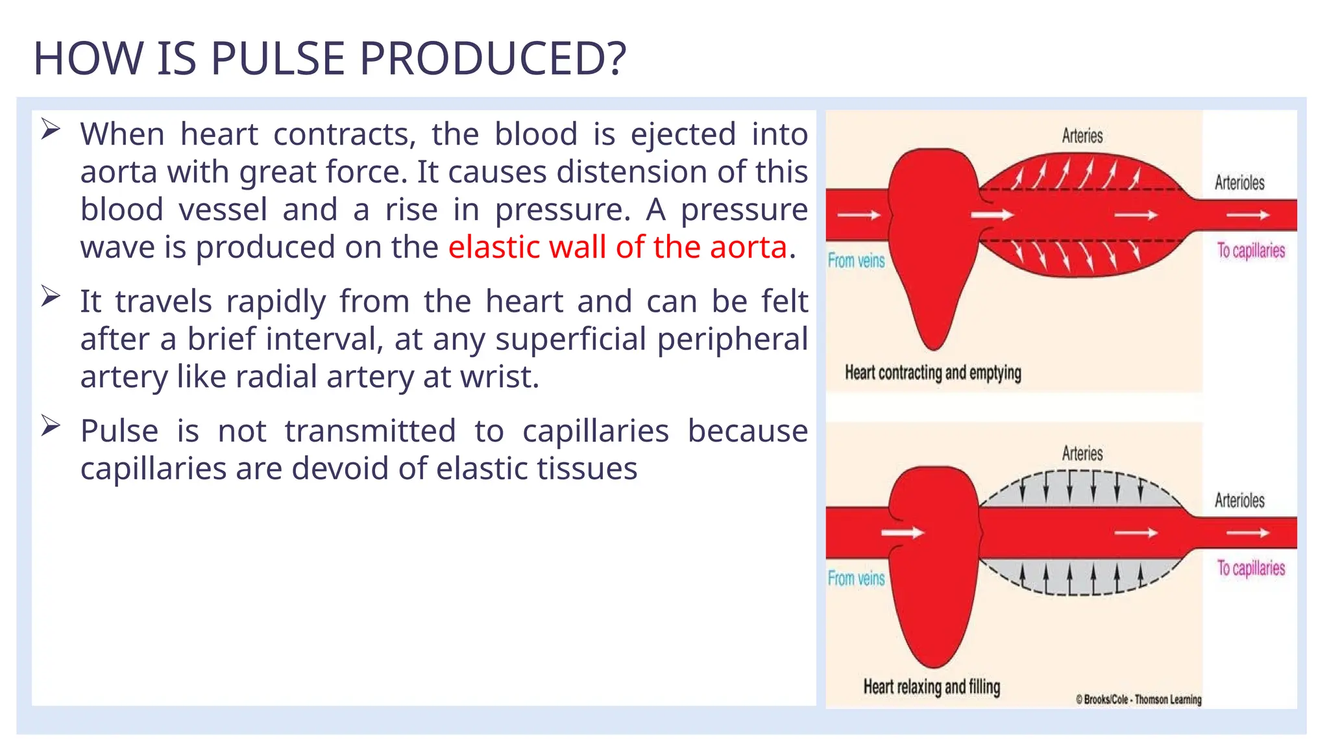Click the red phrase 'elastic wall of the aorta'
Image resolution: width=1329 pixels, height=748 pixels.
pyautogui.click(x=617, y=247)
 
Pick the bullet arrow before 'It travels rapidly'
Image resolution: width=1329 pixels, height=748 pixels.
pyautogui.click(x=51, y=296)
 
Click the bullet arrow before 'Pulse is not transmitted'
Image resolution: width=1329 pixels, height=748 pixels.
pyautogui.click(x=51, y=426)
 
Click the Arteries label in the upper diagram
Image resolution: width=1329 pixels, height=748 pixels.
pyautogui.click(x=1082, y=136)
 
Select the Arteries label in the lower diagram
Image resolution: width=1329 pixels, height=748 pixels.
pyautogui.click(x=1082, y=453)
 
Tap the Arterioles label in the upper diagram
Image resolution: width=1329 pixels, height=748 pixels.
pyautogui.click(x=1239, y=183)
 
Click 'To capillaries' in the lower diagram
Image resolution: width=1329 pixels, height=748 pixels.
pyautogui.click(x=1250, y=568)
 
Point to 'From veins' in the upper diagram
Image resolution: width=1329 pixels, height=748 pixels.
pyautogui.click(x=856, y=261)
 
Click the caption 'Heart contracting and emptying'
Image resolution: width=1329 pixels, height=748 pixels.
pyautogui.click(x=933, y=373)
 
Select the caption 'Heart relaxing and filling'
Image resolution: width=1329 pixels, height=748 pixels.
pyautogui.click(x=931, y=687)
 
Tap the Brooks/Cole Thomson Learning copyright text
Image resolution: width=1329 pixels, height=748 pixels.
pyautogui.click(x=1138, y=699)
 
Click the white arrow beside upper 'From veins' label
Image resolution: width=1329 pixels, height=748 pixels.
pyautogui.click(x=858, y=215)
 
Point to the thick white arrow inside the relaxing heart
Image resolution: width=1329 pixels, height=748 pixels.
pyautogui.click(x=902, y=533)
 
